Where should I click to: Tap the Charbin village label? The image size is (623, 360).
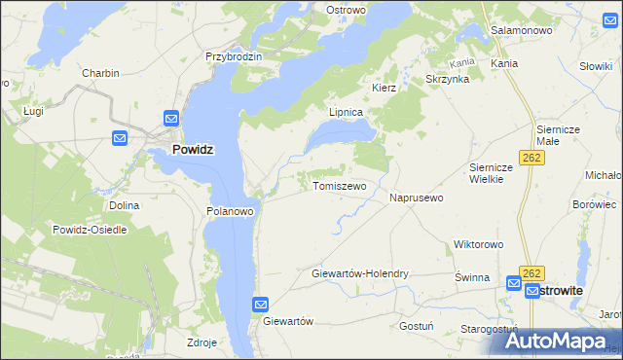coord(100,73)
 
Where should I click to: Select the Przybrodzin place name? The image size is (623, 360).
coord(234,56)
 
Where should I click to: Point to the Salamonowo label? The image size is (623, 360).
coord(522,30)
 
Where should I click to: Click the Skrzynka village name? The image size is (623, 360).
coord(448,79)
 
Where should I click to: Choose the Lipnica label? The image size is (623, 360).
coord(346,112)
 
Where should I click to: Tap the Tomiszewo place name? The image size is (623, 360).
coord(339,185)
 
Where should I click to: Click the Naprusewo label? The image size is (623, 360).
coord(417,198)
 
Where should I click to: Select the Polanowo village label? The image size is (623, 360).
coord(231,210)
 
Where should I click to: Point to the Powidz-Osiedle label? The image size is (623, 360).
coord(92,229)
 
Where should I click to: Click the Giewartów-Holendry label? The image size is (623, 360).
coord(360,273)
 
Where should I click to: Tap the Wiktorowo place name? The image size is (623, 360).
coord(477,244)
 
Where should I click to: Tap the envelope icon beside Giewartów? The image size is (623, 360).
coord(260,305)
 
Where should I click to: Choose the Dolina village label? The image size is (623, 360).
coord(125,205)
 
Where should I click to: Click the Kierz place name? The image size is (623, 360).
coord(384,88)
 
